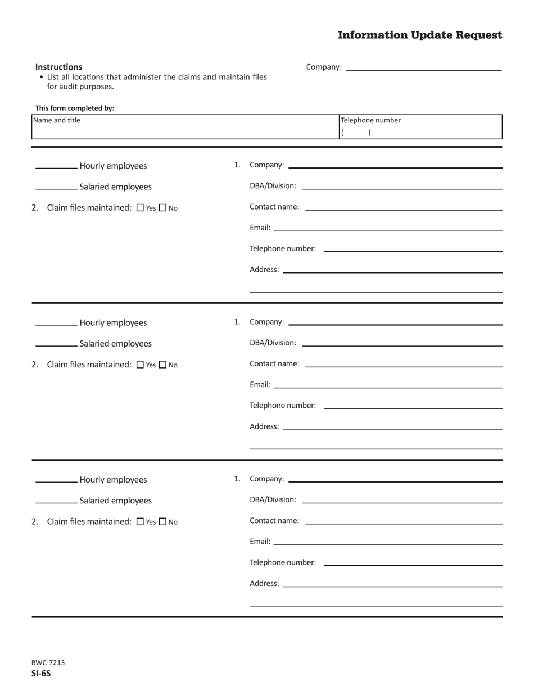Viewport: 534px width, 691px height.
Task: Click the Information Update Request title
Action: point(420,35)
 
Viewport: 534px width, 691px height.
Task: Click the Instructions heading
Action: point(58,67)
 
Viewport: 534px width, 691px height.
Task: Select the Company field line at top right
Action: point(424,67)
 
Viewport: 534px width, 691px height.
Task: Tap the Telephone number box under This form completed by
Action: point(420,127)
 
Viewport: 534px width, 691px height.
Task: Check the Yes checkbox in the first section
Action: point(141,208)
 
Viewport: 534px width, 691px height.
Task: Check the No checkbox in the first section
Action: point(163,208)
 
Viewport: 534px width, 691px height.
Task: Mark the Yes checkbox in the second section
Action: point(141,365)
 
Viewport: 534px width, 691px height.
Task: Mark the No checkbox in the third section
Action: point(163,521)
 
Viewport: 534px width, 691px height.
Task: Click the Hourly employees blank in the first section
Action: point(56,166)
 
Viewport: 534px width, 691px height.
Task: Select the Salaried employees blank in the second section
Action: point(56,343)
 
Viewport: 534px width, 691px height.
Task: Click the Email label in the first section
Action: point(260,228)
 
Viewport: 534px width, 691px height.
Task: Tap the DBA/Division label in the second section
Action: point(273,343)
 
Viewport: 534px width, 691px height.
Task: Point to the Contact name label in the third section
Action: point(274,521)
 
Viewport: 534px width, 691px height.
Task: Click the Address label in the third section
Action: point(264,583)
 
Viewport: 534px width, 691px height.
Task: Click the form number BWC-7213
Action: point(48,662)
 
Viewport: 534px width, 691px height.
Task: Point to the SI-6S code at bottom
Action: point(41,673)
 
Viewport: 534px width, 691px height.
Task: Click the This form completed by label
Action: point(75,108)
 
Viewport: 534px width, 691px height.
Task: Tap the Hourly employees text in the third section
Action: point(113,480)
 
